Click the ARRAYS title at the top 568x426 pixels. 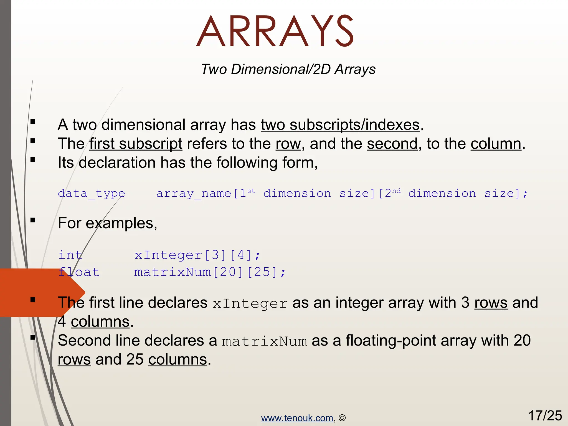click(x=275, y=31)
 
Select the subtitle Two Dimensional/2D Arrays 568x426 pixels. click(x=288, y=69)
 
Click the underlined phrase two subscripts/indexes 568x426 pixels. click(x=340, y=125)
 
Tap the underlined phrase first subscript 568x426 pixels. click(x=136, y=144)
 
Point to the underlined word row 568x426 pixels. click(x=288, y=144)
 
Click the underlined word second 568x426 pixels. click(x=392, y=144)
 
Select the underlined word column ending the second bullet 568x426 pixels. click(x=496, y=144)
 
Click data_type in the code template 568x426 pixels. click(x=92, y=193)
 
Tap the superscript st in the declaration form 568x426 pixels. click(x=251, y=191)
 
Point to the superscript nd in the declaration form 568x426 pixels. click(x=396, y=191)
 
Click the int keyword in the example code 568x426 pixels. click(x=70, y=255)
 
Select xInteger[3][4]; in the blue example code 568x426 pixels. click(x=197, y=255)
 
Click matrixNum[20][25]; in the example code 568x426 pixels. click(x=210, y=272)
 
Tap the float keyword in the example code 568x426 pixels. click(x=79, y=272)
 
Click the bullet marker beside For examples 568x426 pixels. click(x=33, y=220)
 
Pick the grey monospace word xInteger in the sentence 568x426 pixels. click(x=250, y=303)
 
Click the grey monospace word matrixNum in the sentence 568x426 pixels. click(x=264, y=341)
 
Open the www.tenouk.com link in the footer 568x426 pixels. click(x=297, y=418)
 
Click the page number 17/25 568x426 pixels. click(x=545, y=415)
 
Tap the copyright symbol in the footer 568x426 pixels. click(x=342, y=418)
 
